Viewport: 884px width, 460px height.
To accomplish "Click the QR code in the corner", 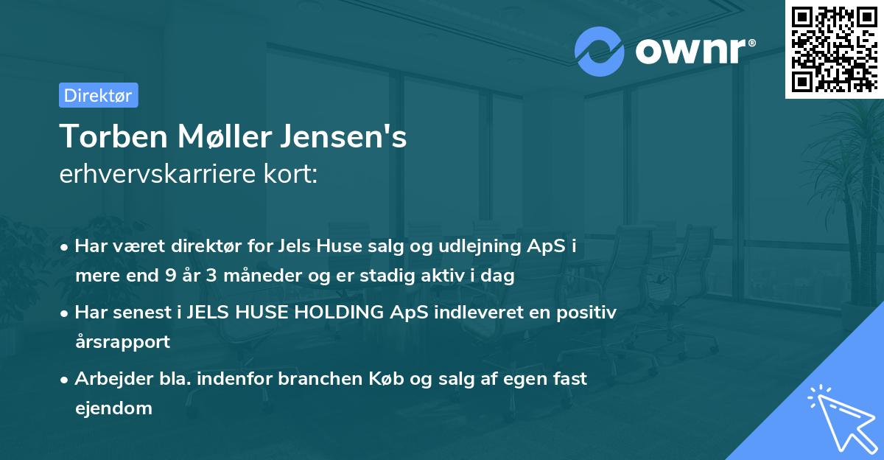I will [x=834, y=49].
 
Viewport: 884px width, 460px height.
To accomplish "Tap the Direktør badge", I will [x=98, y=95].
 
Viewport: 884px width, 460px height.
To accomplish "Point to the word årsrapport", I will [x=122, y=341].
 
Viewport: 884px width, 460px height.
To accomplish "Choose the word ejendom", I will [x=113, y=408].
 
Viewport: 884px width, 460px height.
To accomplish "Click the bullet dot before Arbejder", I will [x=66, y=380].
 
